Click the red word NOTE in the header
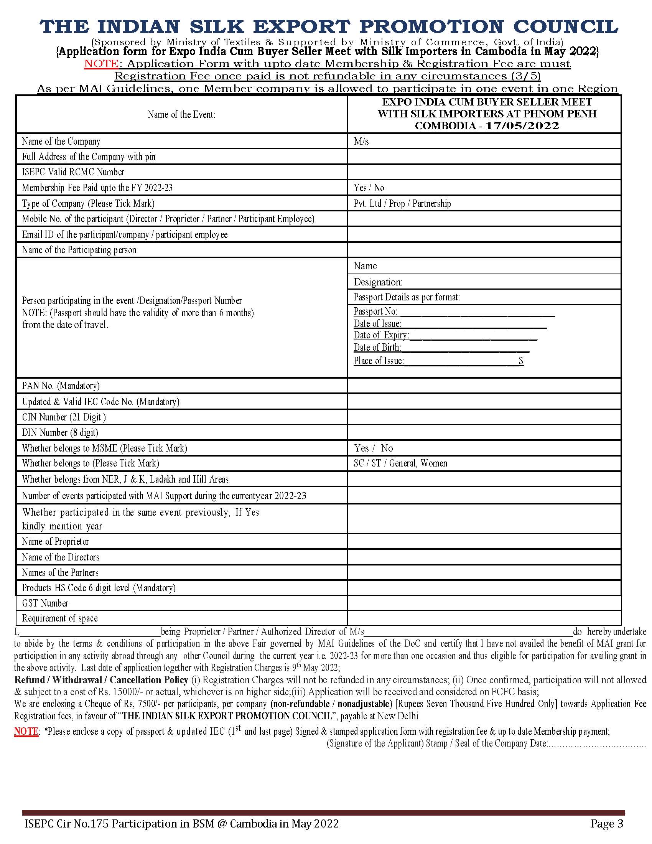tap(101, 63)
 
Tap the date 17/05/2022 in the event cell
tap(522, 126)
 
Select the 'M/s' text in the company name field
tap(361, 142)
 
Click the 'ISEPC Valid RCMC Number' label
tap(73, 172)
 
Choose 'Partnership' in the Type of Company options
tap(431, 204)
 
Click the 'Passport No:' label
tap(375, 312)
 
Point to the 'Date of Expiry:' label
tap(381, 335)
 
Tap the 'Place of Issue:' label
tap(379, 361)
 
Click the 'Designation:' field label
tap(378, 282)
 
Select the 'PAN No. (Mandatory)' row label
tap(61, 386)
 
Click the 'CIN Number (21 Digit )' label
tap(64, 417)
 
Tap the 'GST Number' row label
tap(45, 603)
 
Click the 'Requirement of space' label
tap(60, 618)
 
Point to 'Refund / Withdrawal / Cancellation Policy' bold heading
tap(101, 680)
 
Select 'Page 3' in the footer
tap(607, 824)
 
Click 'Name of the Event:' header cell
tap(181, 114)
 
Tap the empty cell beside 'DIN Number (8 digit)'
tap(484, 432)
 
